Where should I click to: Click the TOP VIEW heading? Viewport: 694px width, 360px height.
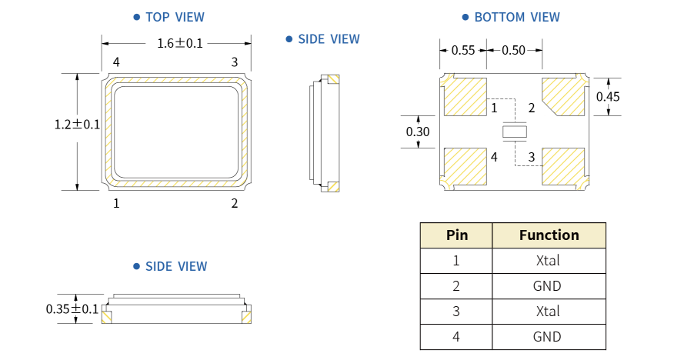[x=174, y=17]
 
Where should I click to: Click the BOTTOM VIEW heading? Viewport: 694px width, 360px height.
[x=515, y=17]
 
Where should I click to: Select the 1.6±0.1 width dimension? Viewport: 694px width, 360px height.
[x=179, y=44]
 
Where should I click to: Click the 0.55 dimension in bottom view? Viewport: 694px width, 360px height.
[x=463, y=51]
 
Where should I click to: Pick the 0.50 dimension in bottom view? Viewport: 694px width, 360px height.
[x=513, y=51]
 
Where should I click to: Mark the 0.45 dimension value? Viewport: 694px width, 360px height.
[x=608, y=97]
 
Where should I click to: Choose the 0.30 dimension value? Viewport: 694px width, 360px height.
[x=418, y=132]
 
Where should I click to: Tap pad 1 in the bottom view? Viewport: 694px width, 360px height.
[x=466, y=97]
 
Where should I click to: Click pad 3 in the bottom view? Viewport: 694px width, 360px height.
[x=564, y=166]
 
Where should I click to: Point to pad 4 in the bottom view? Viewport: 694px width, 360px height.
[x=466, y=167]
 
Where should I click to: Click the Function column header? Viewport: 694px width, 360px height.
[x=549, y=235]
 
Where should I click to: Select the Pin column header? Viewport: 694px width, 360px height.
[x=456, y=235]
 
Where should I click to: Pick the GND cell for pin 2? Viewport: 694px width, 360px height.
[x=549, y=286]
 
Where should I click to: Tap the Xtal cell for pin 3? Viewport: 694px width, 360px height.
[x=549, y=312]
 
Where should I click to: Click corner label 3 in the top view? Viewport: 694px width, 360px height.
[x=235, y=62]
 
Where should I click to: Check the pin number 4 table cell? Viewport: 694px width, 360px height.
[x=456, y=337]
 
